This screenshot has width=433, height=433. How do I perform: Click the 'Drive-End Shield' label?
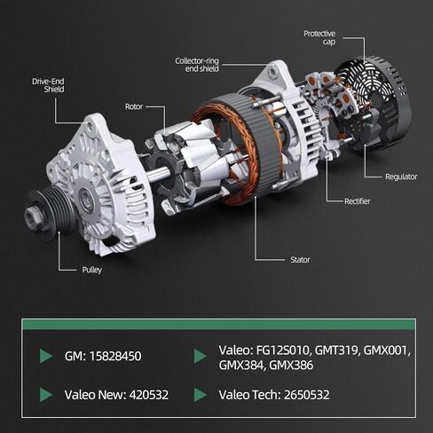point(48,85)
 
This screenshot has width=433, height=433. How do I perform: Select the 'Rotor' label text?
point(134,106)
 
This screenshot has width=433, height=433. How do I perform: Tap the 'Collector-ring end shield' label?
point(197,65)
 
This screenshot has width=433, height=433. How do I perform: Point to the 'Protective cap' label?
point(319,37)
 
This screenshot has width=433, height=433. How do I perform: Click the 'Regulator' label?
point(401,177)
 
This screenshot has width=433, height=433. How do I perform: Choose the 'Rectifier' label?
point(358,201)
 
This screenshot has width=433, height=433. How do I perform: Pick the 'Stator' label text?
point(300,260)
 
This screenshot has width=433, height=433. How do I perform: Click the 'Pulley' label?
point(92,270)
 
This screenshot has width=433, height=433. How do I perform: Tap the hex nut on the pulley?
point(32,217)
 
